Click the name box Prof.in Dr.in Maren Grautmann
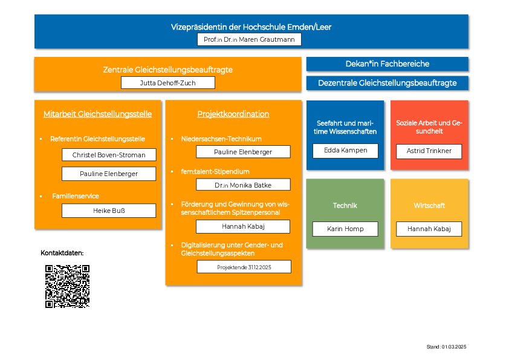[x=249, y=39]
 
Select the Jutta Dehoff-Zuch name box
[x=168, y=83]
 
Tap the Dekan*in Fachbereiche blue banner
[x=387, y=64]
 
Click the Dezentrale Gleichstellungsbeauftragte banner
[x=387, y=83]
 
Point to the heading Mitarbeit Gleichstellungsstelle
[x=97, y=114]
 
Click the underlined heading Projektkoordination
[x=233, y=114]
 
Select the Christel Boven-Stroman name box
[x=109, y=155]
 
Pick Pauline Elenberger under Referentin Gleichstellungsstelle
[x=109, y=174]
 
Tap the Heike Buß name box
[x=109, y=211]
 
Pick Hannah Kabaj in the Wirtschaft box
[x=429, y=229]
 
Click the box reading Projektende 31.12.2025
[x=244, y=267]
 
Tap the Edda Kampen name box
[x=345, y=151]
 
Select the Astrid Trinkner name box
[x=429, y=151]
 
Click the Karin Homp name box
[x=345, y=229]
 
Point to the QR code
[x=67, y=286]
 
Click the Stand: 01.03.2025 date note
[x=446, y=347]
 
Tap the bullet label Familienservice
[x=76, y=196]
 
